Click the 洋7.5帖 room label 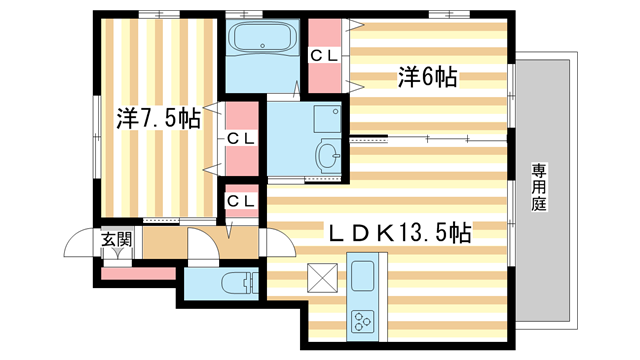coord(159,118)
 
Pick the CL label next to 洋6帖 coord(324,56)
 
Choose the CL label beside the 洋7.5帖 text coord(240,137)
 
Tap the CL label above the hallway coord(240,201)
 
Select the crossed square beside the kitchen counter coord(321,275)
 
